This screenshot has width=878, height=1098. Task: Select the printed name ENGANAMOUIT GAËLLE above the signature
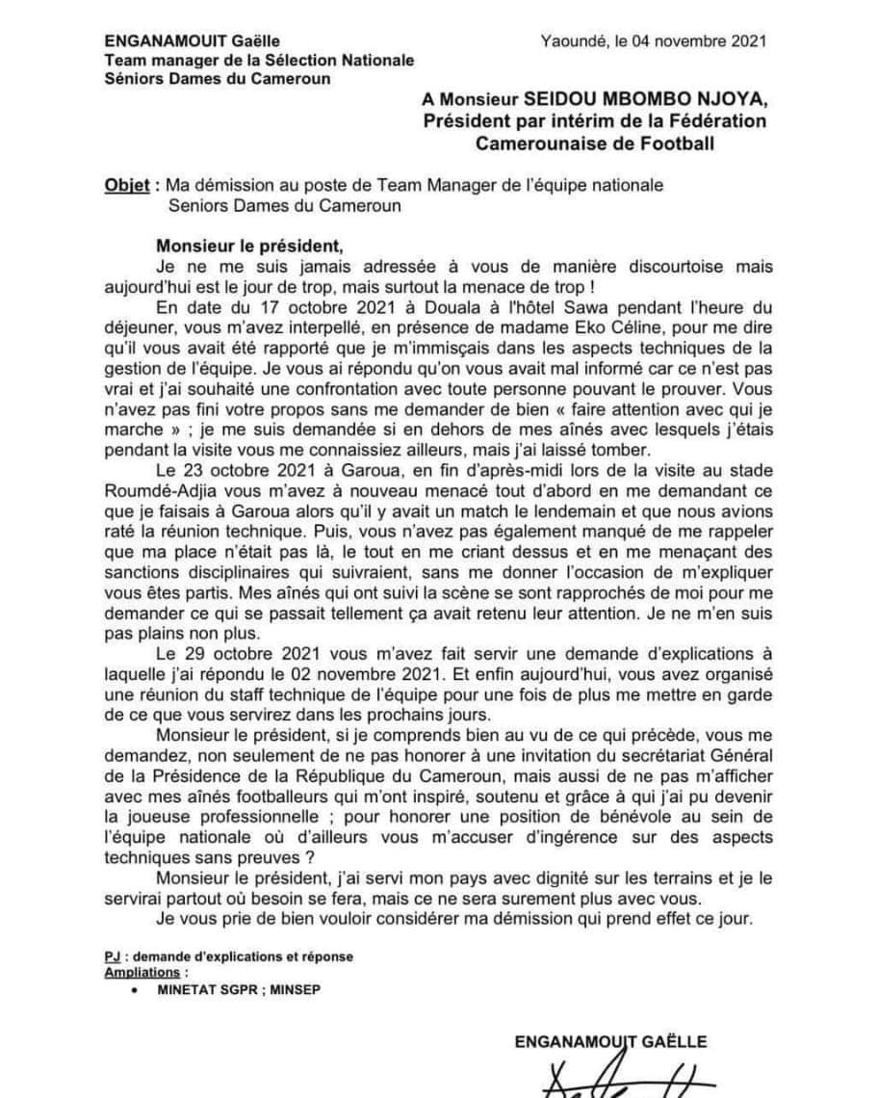tap(610, 1041)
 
